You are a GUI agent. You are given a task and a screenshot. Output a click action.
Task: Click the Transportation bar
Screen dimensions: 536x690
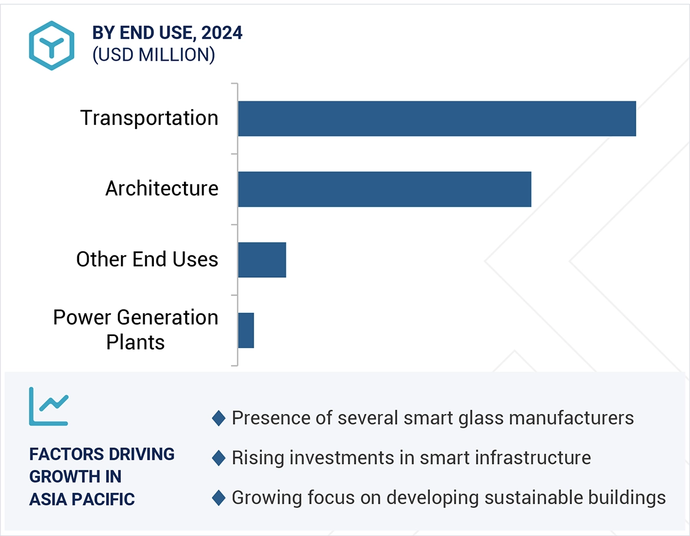point(436,119)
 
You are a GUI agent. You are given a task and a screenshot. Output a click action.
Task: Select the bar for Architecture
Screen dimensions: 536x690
point(385,189)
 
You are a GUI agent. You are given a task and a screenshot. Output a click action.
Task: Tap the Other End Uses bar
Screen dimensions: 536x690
point(262,259)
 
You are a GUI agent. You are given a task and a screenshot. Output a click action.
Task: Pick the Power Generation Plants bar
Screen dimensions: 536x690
point(246,330)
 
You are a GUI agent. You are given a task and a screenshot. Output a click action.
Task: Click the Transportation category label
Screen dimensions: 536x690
point(149,118)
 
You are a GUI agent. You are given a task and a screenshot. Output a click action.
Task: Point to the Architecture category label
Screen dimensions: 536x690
point(162,189)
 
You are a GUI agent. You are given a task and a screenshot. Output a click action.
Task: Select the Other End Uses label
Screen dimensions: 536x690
point(147,259)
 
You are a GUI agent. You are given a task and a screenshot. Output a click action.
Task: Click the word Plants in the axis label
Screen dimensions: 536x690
point(135,342)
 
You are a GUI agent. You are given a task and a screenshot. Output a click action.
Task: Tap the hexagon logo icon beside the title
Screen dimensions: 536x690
point(51,45)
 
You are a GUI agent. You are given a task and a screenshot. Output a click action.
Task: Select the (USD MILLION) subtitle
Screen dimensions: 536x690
point(153,55)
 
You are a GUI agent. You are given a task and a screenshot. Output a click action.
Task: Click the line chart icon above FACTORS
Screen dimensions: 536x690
point(48,406)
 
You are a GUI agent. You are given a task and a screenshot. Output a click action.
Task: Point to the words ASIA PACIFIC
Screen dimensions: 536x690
point(82,499)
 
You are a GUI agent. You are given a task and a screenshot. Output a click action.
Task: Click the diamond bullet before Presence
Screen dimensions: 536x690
point(219,419)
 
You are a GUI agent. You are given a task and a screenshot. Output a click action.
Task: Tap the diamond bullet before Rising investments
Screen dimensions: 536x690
point(219,458)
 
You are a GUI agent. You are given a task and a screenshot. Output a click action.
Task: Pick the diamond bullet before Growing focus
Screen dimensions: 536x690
point(219,498)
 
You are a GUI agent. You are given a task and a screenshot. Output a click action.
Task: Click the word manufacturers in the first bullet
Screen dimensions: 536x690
point(570,418)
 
